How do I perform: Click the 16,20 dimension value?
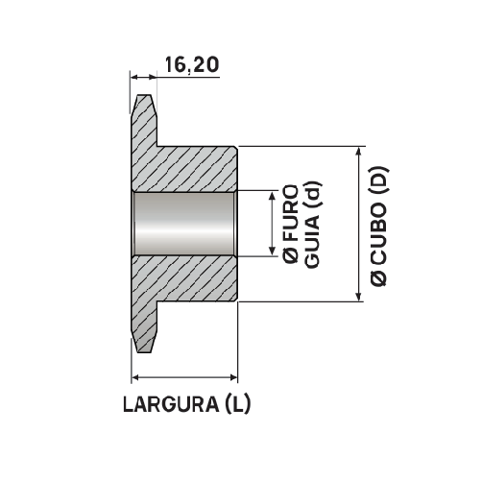192,65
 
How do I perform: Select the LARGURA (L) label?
186,404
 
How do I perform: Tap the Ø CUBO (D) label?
380,225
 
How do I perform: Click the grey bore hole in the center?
184,224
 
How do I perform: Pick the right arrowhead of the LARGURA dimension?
231,375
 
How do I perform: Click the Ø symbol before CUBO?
380,276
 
